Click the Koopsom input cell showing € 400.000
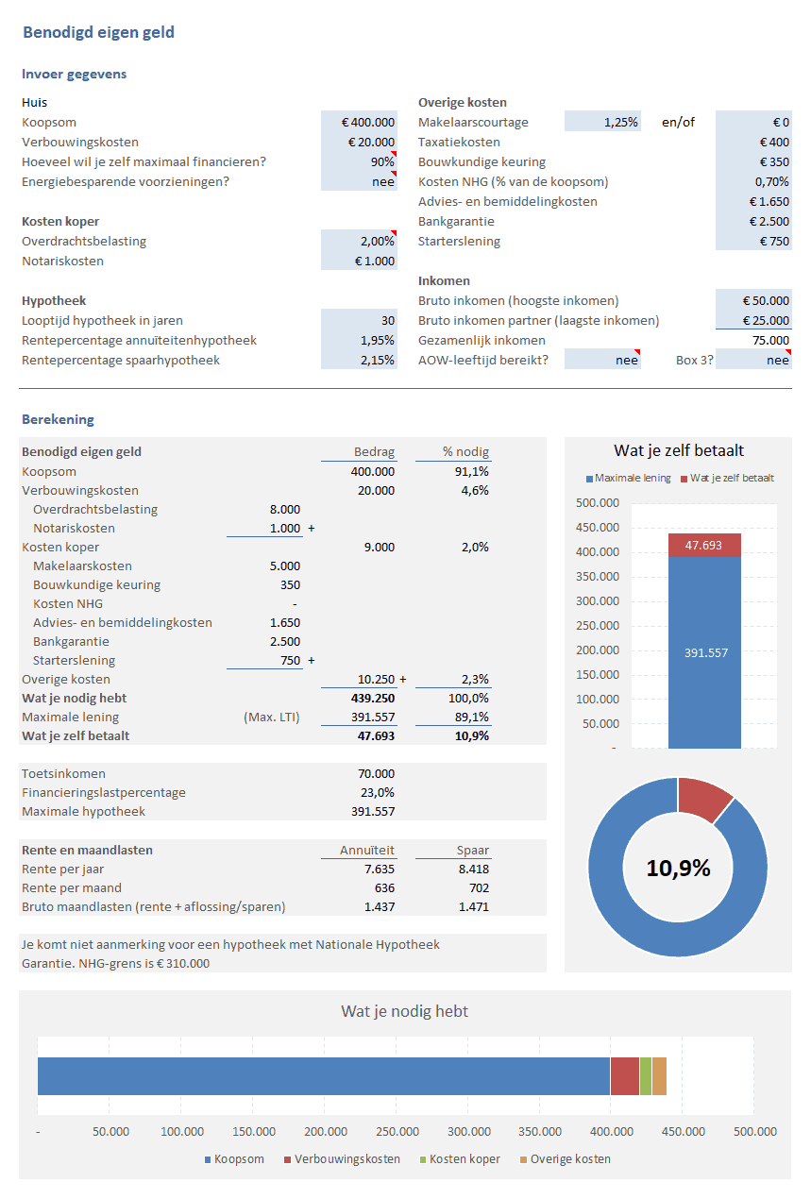359,122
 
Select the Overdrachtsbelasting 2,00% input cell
359,241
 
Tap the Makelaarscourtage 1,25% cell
602,122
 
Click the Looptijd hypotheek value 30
359,320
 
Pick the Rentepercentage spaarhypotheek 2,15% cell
359,360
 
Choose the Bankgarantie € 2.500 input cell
753,221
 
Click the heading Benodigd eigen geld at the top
98,33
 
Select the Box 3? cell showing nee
753,360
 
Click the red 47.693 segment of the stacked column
704,545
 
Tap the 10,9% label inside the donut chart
678,869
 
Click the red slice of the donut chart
703,798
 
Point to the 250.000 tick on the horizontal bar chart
397,1132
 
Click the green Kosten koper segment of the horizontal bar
646,1076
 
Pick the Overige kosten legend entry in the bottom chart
569,1159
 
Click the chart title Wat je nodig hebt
404,1011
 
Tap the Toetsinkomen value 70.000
377,773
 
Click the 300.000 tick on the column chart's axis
597,601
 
